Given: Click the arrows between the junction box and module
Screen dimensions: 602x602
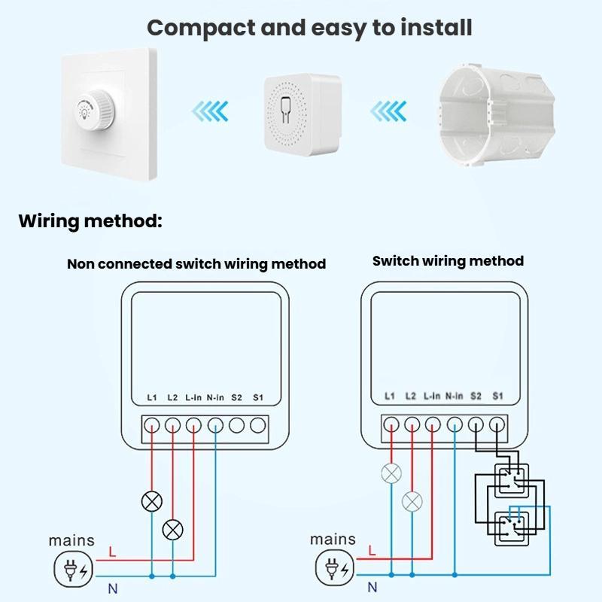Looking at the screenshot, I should [x=390, y=112].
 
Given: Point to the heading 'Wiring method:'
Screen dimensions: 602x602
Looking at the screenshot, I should [x=90, y=221].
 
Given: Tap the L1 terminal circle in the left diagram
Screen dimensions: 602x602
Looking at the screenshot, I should [x=152, y=424].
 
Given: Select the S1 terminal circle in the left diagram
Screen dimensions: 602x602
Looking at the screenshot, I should [x=258, y=424].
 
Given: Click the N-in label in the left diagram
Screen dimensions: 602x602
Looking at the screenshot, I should [x=215, y=397].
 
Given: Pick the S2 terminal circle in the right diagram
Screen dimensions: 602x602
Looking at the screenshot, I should [x=476, y=424].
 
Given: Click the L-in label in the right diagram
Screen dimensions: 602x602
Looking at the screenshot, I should [x=432, y=395].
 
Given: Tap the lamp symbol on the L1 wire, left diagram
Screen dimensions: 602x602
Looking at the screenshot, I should [x=152, y=502].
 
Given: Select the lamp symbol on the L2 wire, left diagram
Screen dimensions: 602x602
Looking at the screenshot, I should [x=173, y=530].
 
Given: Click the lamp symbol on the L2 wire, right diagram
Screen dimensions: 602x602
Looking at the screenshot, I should [x=412, y=502].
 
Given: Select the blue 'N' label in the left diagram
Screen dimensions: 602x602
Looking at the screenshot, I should [x=112, y=588].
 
